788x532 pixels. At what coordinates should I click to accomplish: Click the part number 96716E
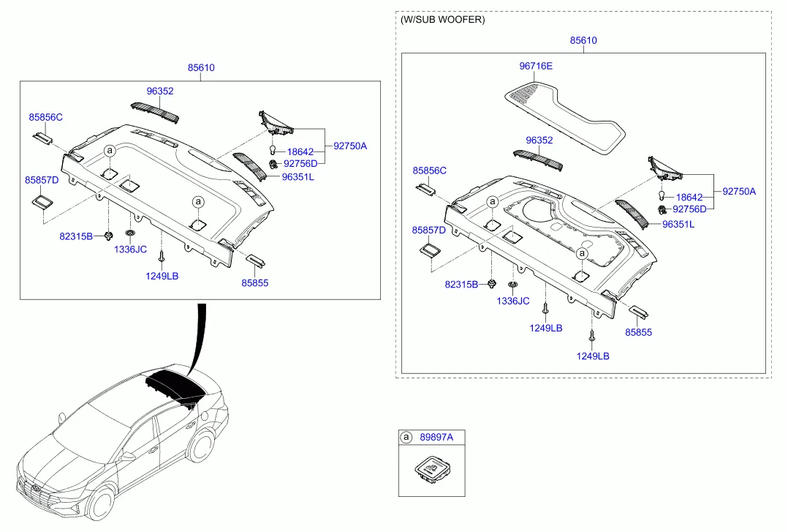coord(536,66)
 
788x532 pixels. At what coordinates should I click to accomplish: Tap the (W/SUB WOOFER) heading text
coord(442,20)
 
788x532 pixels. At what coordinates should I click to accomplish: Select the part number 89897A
coord(436,437)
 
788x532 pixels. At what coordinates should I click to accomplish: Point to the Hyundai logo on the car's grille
coord(37,487)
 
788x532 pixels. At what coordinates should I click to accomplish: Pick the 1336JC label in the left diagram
coord(130,250)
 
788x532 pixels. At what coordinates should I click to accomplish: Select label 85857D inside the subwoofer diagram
coord(429,230)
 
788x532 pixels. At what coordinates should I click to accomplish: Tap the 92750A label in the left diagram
coord(350,146)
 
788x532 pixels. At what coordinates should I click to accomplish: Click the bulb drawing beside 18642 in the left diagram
coord(273,151)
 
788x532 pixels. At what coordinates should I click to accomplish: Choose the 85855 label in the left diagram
coord(254,282)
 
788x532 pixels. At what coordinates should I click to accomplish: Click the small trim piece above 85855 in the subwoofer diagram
coord(639,312)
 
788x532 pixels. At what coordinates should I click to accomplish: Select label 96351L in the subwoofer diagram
coord(678,225)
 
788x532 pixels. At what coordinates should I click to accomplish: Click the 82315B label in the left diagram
coord(76,236)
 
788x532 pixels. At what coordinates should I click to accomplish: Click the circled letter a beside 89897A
coord(406,437)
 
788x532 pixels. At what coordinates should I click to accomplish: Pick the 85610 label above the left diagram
coord(201,67)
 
